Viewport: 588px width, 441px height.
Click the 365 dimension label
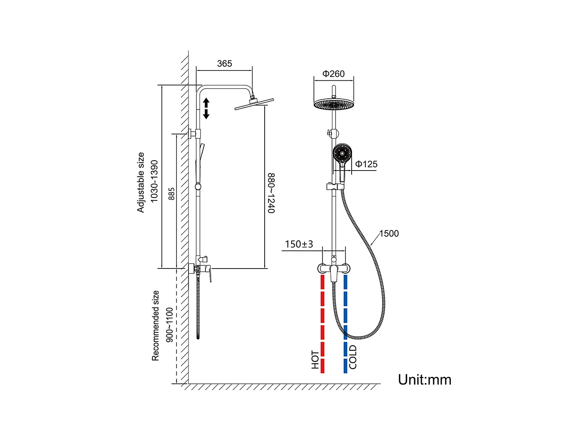click(225, 64)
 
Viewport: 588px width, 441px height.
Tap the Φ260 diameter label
click(334, 74)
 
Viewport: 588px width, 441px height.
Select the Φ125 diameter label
click(367, 164)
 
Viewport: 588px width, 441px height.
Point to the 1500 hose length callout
click(389, 234)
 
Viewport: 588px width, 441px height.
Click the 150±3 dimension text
click(299, 244)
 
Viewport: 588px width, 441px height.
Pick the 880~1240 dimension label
click(271, 193)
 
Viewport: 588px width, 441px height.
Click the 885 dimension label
click(171, 194)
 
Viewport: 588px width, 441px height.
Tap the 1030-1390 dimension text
click(154, 181)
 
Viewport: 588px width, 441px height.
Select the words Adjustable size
click(141, 182)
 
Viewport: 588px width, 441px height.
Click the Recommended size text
click(156, 325)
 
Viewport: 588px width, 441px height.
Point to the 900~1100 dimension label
click(169, 325)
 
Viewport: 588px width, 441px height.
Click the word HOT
click(315, 359)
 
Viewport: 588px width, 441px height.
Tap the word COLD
click(353, 357)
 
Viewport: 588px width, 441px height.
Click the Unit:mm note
click(425, 380)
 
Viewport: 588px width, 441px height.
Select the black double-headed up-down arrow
click(206, 109)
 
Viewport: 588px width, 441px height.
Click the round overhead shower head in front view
click(334, 104)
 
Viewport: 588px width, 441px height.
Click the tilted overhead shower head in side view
click(254, 104)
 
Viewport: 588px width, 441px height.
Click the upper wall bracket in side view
click(194, 134)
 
